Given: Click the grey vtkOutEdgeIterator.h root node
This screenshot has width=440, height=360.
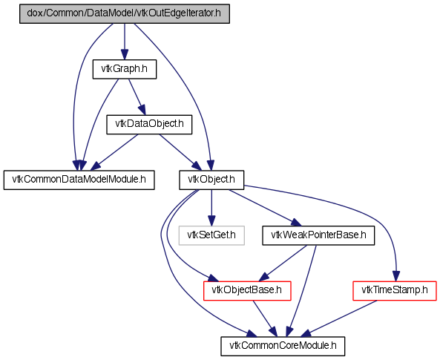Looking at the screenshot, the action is tap(125, 13).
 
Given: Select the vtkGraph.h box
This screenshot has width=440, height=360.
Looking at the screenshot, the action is tap(125, 69).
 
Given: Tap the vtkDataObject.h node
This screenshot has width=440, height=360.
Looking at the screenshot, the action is tap(149, 124).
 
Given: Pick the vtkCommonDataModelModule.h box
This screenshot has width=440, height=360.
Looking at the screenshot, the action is tap(79, 180).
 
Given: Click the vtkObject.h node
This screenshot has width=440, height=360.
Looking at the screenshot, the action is tap(211, 180).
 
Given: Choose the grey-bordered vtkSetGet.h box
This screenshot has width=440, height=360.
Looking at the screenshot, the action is tap(211, 235).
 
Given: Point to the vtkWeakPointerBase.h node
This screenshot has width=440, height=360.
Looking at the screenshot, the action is tap(318, 235).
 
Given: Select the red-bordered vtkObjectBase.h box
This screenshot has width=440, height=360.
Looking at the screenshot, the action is tap(247, 291).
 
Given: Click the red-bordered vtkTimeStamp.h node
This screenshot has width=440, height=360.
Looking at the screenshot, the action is tap(395, 291).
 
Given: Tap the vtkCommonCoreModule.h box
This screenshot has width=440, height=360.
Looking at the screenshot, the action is tap(283, 346).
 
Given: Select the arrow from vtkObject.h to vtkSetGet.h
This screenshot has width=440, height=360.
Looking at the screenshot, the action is tap(211, 208).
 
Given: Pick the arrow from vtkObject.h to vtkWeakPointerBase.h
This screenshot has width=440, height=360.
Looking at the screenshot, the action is tap(265, 208).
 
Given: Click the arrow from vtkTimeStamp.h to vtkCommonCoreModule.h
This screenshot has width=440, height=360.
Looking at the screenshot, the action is tap(338, 318).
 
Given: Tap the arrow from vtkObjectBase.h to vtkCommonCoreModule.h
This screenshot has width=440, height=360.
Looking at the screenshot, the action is tap(265, 318).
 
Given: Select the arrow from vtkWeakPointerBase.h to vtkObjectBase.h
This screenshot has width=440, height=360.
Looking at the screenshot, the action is tap(283, 263).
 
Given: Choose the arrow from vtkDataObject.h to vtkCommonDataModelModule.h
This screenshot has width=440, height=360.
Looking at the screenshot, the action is tap(114, 152).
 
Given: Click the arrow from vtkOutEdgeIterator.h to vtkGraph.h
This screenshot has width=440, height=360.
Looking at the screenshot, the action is tap(125, 42).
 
